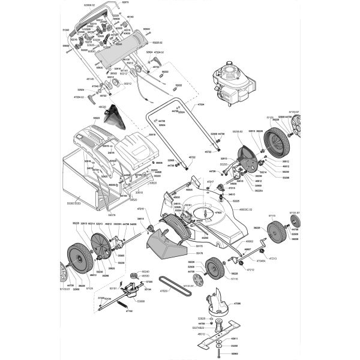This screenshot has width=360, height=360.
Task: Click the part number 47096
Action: [x=237, y=304]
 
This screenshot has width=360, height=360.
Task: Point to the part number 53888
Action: [x=141, y=301]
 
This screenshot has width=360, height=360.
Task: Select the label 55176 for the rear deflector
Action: [x=200, y=254]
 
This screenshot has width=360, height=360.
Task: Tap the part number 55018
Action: [x=152, y=135]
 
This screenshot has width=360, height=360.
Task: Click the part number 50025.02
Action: [x=158, y=43]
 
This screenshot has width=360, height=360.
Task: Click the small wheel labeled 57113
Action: [x=277, y=232]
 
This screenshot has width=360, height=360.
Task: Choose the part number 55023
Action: [x=97, y=118]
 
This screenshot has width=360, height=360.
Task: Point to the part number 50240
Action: [x=145, y=271]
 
